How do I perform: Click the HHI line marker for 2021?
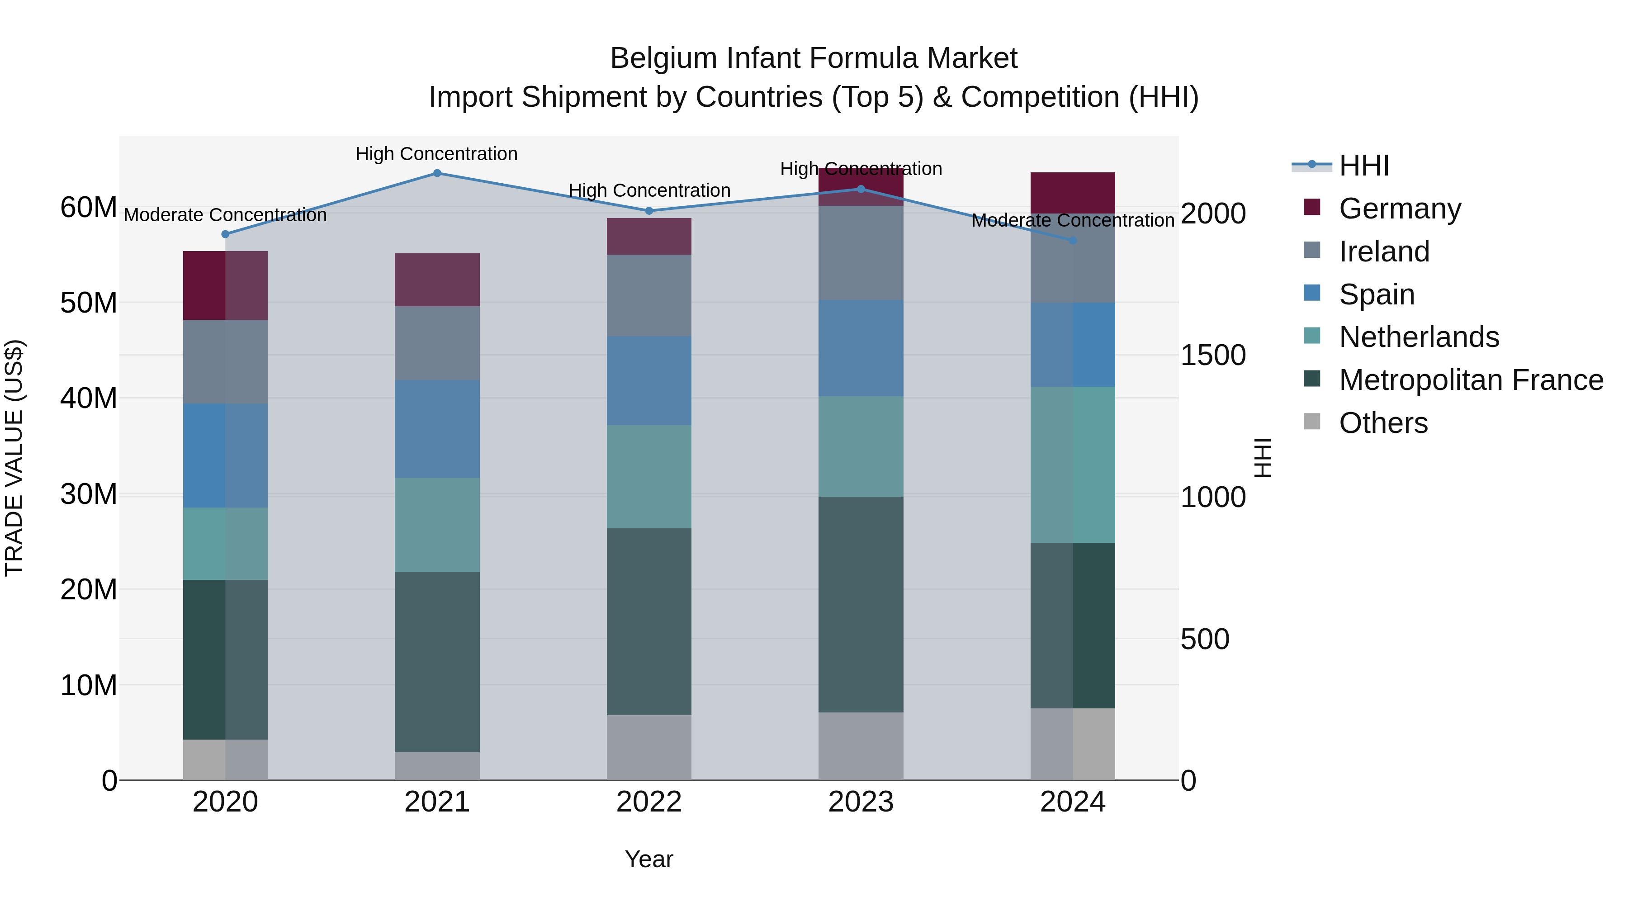pyautogui.click(x=437, y=173)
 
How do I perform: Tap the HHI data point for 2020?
pyautogui.click(x=225, y=234)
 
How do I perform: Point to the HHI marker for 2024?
pyautogui.click(x=1073, y=241)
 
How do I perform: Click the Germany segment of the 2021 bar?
pyautogui.click(x=437, y=280)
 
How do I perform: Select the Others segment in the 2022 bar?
pyautogui.click(x=649, y=747)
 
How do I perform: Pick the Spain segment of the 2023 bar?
pyautogui.click(x=861, y=348)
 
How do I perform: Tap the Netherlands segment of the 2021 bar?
pyautogui.click(x=437, y=525)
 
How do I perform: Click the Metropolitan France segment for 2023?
pyautogui.click(x=861, y=604)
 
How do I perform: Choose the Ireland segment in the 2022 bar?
pyautogui.click(x=649, y=295)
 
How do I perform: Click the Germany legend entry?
pyautogui.click(x=1399, y=209)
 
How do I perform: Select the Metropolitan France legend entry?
pyautogui.click(x=1471, y=380)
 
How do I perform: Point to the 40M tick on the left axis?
pyautogui.click(x=89, y=398)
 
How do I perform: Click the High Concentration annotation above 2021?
pyautogui.click(x=437, y=154)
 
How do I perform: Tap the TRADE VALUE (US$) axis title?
pyautogui.click(x=14, y=458)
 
